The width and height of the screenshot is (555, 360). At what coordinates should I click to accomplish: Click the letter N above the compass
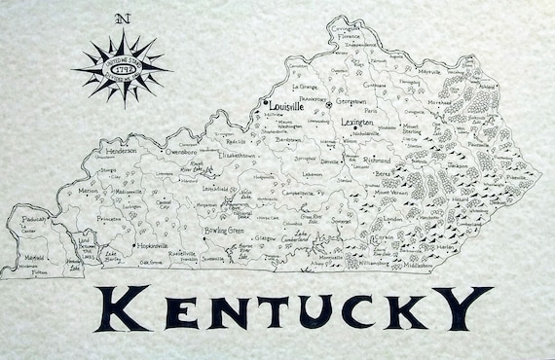(121, 18)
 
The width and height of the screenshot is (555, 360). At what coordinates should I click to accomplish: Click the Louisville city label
(286, 105)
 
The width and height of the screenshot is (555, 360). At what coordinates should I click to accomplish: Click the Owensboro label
(182, 152)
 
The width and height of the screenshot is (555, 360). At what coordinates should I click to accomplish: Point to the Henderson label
(121, 152)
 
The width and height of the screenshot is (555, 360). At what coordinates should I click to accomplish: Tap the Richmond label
(377, 160)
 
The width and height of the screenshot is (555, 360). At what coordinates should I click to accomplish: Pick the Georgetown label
(352, 101)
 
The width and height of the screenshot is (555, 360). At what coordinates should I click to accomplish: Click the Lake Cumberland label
(295, 236)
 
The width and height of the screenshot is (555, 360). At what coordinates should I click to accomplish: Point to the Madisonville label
(128, 192)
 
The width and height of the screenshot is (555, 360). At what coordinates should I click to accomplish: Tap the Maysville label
(429, 72)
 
